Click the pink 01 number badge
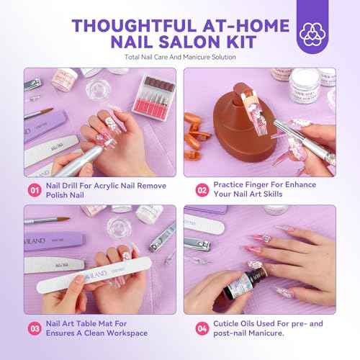(x=34, y=191)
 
